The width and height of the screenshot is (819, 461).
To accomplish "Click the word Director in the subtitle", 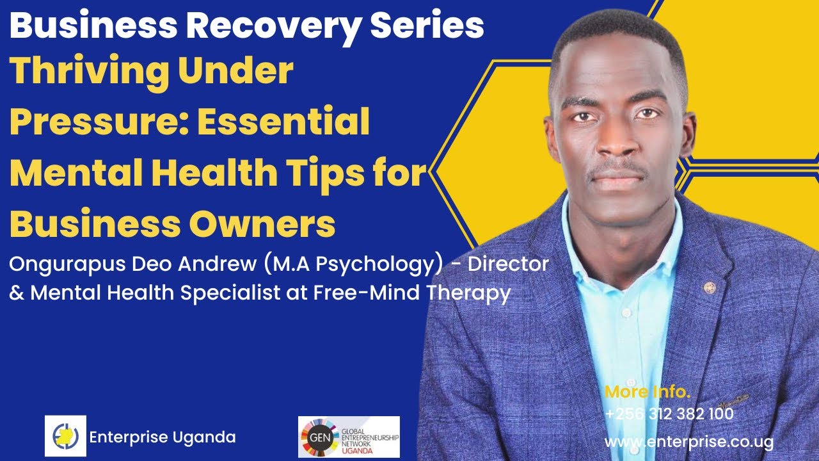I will (x=509, y=264).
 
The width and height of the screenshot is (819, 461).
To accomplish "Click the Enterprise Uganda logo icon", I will (x=65, y=436).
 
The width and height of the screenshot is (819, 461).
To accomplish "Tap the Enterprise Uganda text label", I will (x=163, y=438).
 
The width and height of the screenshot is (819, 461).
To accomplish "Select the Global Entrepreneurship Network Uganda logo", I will (x=349, y=437).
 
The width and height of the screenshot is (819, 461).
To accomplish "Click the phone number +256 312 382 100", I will (x=669, y=415).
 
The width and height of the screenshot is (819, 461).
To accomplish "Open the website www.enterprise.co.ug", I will (x=688, y=442).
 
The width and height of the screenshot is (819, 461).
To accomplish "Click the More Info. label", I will (x=648, y=391).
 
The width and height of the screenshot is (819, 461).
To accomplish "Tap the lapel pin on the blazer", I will (x=709, y=287).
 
